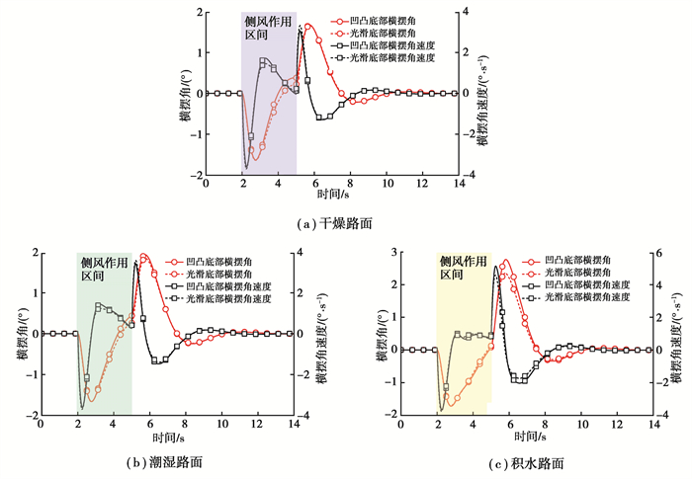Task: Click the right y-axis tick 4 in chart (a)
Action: click(476, 13)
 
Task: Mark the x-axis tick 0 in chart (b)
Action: click(41, 424)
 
